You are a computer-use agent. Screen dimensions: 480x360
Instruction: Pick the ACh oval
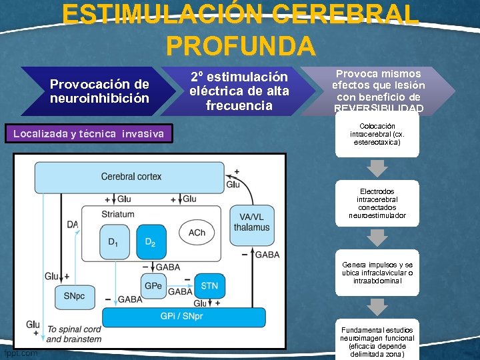pyautogui.click(x=197, y=232)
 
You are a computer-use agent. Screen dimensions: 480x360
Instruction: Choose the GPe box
pyautogui.click(x=153, y=286)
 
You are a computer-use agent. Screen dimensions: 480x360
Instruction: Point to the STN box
pyautogui.click(x=209, y=286)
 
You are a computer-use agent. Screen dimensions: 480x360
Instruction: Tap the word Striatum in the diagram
pyautogui.click(x=118, y=214)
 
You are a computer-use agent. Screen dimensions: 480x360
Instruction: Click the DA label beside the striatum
pyautogui.click(x=73, y=225)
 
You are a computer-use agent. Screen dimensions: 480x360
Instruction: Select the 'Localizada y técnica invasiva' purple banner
pyautogui.click(x=88, y=134)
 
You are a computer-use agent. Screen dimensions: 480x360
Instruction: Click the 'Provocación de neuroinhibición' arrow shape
pyautogui.click(x=99, y=91)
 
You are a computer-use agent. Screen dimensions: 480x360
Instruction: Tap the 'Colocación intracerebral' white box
pyautogui.click(x=377, y=134)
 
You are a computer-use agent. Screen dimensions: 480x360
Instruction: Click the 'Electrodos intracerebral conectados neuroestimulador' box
pyautogui.click(x=377, y=203)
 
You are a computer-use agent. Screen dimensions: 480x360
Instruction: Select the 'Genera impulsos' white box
pyautogui.click(x=377, y=273)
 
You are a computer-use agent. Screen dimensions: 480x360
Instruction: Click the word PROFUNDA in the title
pyautogui.click(x=240, y=45)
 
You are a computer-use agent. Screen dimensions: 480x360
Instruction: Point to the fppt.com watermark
pyautogui.click(x=21, y=352)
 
